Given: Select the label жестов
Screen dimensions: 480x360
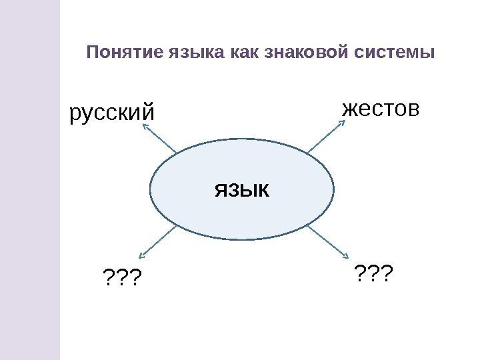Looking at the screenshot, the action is pyautogui.click(x=381, y=109).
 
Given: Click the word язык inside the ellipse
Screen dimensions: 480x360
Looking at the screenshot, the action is pyautogui.click(x=241, y=191).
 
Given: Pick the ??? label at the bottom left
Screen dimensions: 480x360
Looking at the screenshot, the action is pyautogui.click(x=123, y=275).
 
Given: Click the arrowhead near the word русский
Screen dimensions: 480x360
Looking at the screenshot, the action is pyautogui.click(x=144, y=130).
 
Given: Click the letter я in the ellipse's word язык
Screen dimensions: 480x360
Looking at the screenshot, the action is pyautogui.click(x=221, y=191).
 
